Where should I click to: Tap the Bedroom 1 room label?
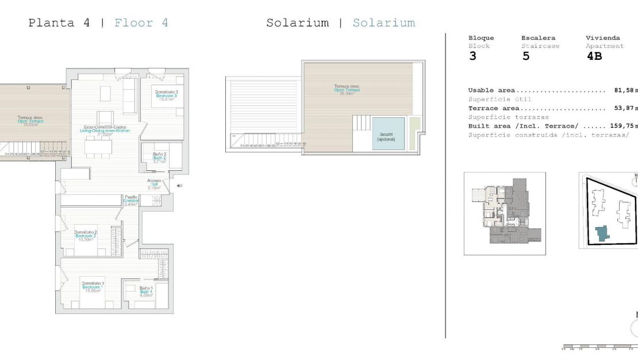tap(92, 287)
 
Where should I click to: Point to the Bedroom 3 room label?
tap(165, 95)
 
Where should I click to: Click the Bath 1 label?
tap(146, 292)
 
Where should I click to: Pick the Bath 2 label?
tap(160, 158)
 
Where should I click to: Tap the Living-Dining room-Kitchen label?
tap(105, 131)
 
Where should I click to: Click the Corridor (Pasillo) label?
tap(131, 200)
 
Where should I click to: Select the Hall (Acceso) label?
tap(153, 183)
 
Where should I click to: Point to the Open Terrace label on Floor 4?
tap(30, 121)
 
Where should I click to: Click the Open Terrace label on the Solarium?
tap(347, 90)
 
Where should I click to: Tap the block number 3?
tap(472, 56)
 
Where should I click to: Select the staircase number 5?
tap(526, 56)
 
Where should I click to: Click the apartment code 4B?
tap(594, 56)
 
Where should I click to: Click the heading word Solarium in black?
tap(297, 23)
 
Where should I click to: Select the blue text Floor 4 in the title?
tap(141, 23)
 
